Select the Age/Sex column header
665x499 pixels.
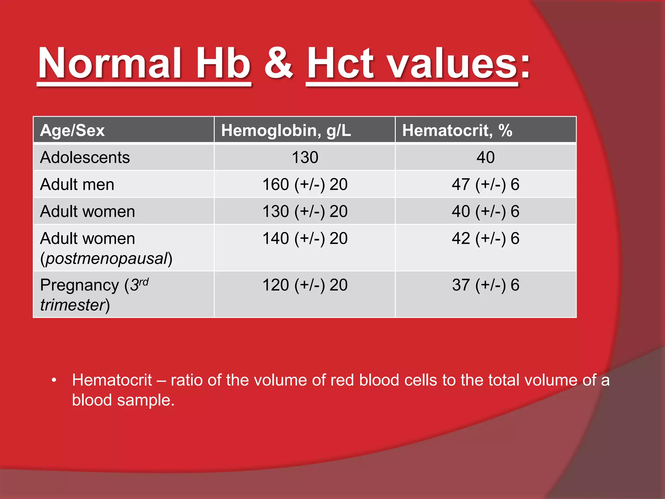(72, 131)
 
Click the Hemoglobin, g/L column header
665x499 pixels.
(286, 131)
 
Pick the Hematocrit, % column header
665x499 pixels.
(457, 131)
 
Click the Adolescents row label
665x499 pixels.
(85, 158)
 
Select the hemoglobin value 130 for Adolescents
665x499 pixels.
(305, 158)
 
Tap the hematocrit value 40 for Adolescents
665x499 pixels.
(485, 158)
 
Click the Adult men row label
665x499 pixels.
(77, 185)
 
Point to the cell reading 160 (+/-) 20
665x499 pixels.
(305, 185)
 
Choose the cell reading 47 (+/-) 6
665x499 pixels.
(485, 185)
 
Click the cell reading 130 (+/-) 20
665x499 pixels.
(305, 211)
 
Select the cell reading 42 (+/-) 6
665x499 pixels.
(485, 238)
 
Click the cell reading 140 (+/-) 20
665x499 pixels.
(305, 238)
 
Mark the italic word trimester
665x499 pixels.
(72, 305)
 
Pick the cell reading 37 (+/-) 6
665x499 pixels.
(485, 285)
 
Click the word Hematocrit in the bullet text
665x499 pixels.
(112, 380)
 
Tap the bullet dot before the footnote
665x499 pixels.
(54, 380)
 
